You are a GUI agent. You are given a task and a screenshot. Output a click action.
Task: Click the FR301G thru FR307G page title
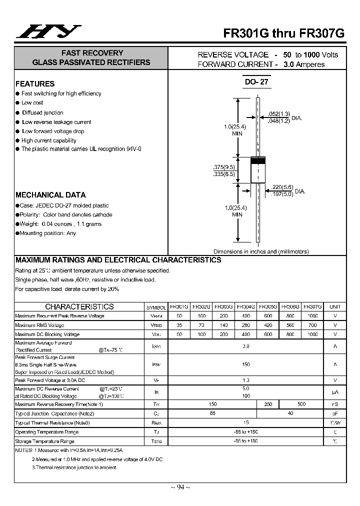click(x=283, y=33)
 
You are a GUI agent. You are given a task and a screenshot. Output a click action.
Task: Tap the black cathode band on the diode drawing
click(x=257, y=161)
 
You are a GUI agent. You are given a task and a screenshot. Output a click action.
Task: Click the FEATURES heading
click(x=35, y=84)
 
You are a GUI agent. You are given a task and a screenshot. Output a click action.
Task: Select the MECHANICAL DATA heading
click(x=50, y=195)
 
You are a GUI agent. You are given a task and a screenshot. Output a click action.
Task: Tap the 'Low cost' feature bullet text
click(x=32, y=102)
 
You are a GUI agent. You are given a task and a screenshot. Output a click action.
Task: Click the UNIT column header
click(x=335, y=306)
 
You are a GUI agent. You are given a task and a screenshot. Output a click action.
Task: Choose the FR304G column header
click(x=245, y=306)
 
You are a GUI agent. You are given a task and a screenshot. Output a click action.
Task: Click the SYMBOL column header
click(x=156, y=306)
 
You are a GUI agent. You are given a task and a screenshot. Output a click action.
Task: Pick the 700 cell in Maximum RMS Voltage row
click(x=312, y=325)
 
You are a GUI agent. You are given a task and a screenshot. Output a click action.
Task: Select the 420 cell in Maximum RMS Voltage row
click(x=267, y=325)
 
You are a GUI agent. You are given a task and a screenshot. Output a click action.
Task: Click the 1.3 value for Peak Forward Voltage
click(x=245, y=380)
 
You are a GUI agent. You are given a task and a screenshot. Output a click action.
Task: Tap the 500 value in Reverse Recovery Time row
click(x=301, y=403)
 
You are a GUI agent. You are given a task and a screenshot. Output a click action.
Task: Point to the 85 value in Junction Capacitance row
click(x=212, y=413)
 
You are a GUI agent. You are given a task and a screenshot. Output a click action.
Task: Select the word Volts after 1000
click(x=329, y=54)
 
